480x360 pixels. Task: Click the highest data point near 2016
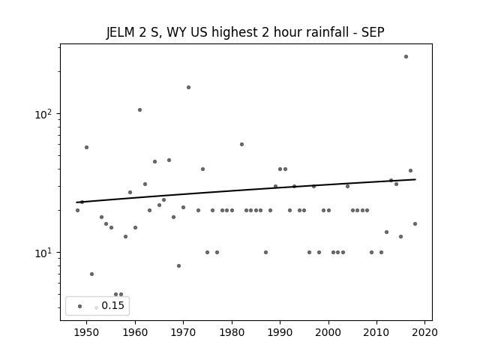pyautogui.click(x=406, y=57)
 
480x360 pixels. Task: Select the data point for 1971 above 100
pyautogui.click(x=188, y=87)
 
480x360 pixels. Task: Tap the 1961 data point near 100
pyautogui.click(x=140, y=110)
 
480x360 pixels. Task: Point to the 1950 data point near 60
pyautogui.click(x=87, y=147)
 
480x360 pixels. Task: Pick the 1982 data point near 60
pyautogui.click(x=241, y=144)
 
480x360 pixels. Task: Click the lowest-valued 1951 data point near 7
pyautogui.click(x=91, y=274)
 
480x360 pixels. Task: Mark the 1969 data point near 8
pyautogui.click(x=178, y=265)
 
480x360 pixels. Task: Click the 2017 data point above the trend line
pyautogui.click(x=410, y=170)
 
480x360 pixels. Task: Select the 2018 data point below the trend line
pyautogui.click(x=415, y=223)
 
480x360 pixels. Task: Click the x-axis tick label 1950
pyautogui.click(x=87, y=332)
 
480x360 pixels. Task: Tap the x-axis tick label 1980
pyautogui.click(x=232, y=332)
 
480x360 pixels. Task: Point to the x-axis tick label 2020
pyautogui.click(x=424, y=332)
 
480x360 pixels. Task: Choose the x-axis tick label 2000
pyautogui.click(x=328, y=332)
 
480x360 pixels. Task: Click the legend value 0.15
pyautogui.click(x=113, y=305)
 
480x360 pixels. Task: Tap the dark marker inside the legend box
pyautogui.click(x=80, y=306)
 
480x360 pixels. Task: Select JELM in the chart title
pyautogui.click(x=120, y=32)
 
